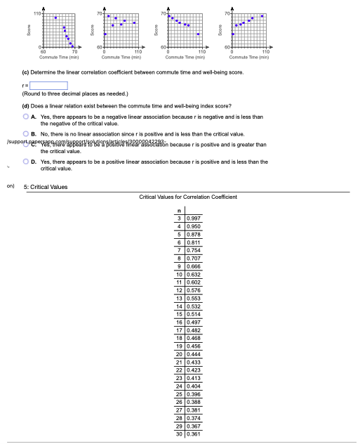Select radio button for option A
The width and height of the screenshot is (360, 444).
point(26,117)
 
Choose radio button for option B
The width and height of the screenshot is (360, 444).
point(26,133)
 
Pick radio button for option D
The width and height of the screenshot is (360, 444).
point(26,162)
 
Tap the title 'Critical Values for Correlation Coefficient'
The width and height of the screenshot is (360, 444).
point(188,197)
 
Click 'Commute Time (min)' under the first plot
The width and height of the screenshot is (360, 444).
point(58,57)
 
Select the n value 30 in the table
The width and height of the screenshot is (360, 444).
point(180,435)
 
